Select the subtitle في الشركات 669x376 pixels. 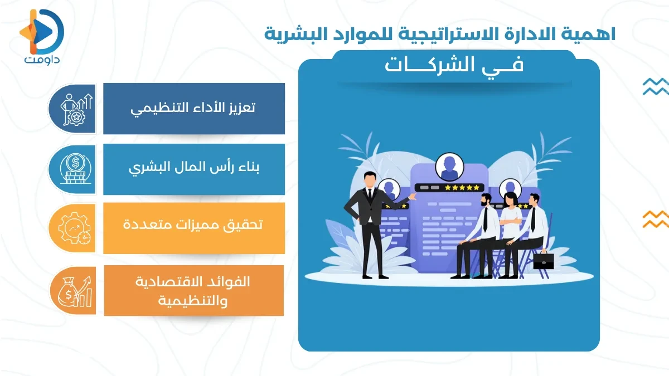[x=454, y=66]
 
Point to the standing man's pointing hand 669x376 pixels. [x=411, y=197]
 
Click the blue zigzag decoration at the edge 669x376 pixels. [x=655, y=86]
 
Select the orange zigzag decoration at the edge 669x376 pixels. [x=655, y=219]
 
